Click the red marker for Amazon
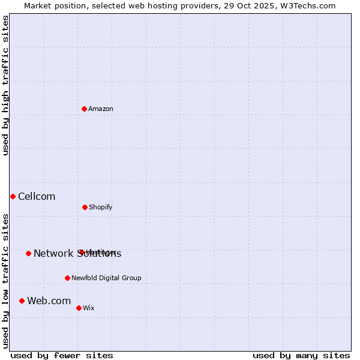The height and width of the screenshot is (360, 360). (85, 109)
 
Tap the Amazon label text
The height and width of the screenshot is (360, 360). (101, 109)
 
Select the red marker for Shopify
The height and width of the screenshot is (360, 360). (85, 207)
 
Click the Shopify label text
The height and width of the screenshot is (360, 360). (101, 207)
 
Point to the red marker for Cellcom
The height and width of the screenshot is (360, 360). (13, 196)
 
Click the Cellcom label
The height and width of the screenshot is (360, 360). (37, 196)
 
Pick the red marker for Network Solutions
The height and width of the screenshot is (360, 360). (28, 253)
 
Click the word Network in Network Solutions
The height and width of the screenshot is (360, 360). (53, 253)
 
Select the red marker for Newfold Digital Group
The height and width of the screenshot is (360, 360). (67, 278)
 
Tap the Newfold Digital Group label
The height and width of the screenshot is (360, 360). (106, 278)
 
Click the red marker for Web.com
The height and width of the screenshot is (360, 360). (22, 301)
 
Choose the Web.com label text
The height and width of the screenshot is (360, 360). (49, 301)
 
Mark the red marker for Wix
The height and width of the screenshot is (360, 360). (79, 308)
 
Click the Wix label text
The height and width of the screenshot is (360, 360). (89, 308)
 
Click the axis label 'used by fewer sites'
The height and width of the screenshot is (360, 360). (62, 355)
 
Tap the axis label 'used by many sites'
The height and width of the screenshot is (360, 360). (301, 355)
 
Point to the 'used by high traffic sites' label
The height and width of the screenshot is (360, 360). (5, 85)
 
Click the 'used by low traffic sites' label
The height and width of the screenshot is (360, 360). (5, 281)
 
